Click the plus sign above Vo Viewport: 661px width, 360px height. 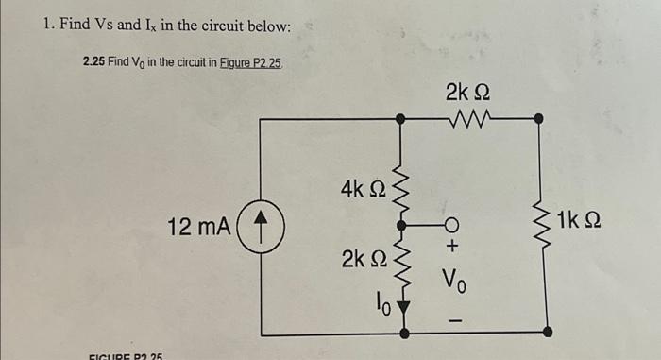click(452, 247)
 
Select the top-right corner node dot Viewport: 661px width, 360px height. click(539, 119)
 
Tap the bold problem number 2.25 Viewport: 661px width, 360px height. click(93, 61)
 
